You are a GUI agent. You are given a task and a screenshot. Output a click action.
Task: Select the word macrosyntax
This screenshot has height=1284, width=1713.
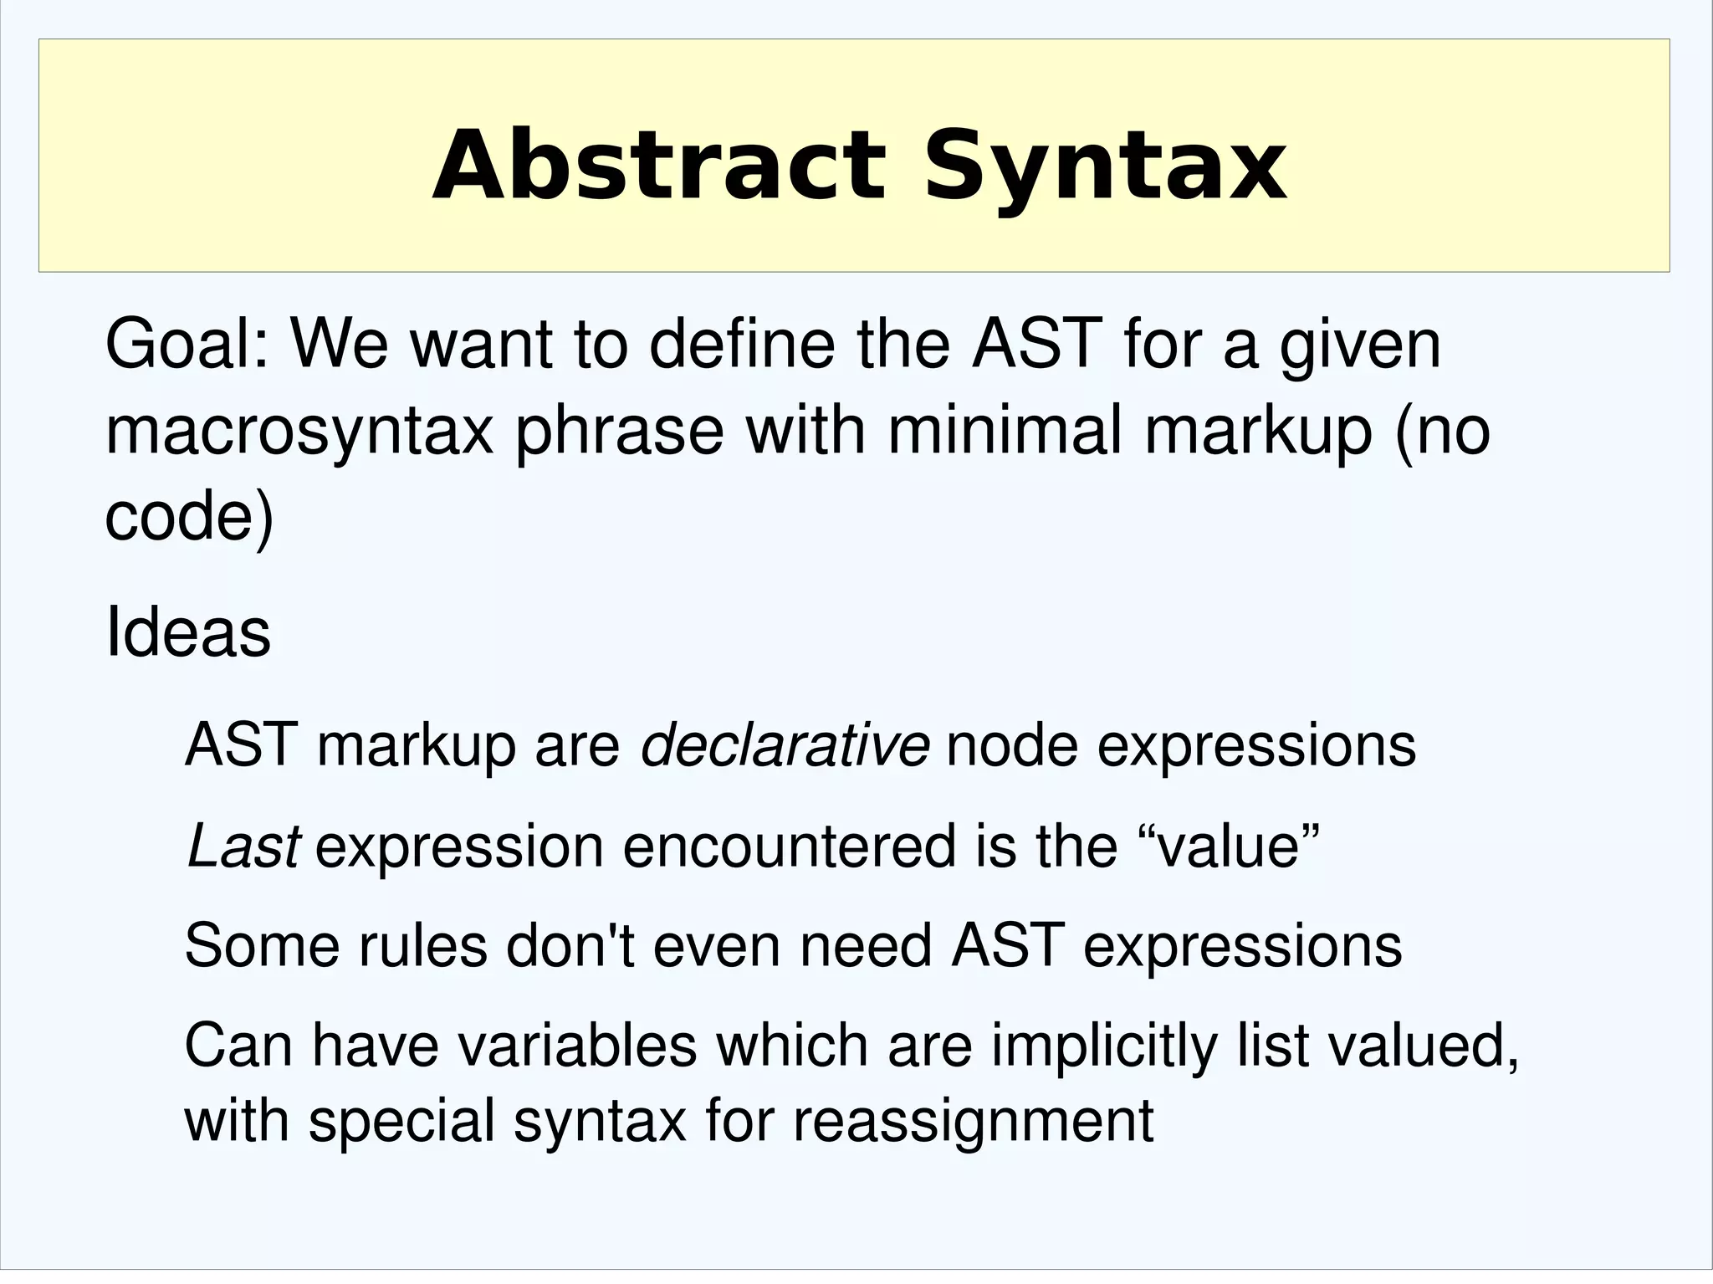pyautogui.click(x=299, y=432)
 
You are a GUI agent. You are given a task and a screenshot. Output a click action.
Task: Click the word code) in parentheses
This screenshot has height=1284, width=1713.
pyautogui.click(x=189, y=517)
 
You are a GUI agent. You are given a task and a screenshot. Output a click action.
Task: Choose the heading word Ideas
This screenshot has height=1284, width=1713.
pyautogui.click(x=188, y=633)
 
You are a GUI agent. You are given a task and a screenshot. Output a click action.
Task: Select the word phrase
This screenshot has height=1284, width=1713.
pyautogui.click(x=618, y=432)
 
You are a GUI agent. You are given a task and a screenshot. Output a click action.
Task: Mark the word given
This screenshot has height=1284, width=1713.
pyautogui.click(x=1360, y=345)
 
